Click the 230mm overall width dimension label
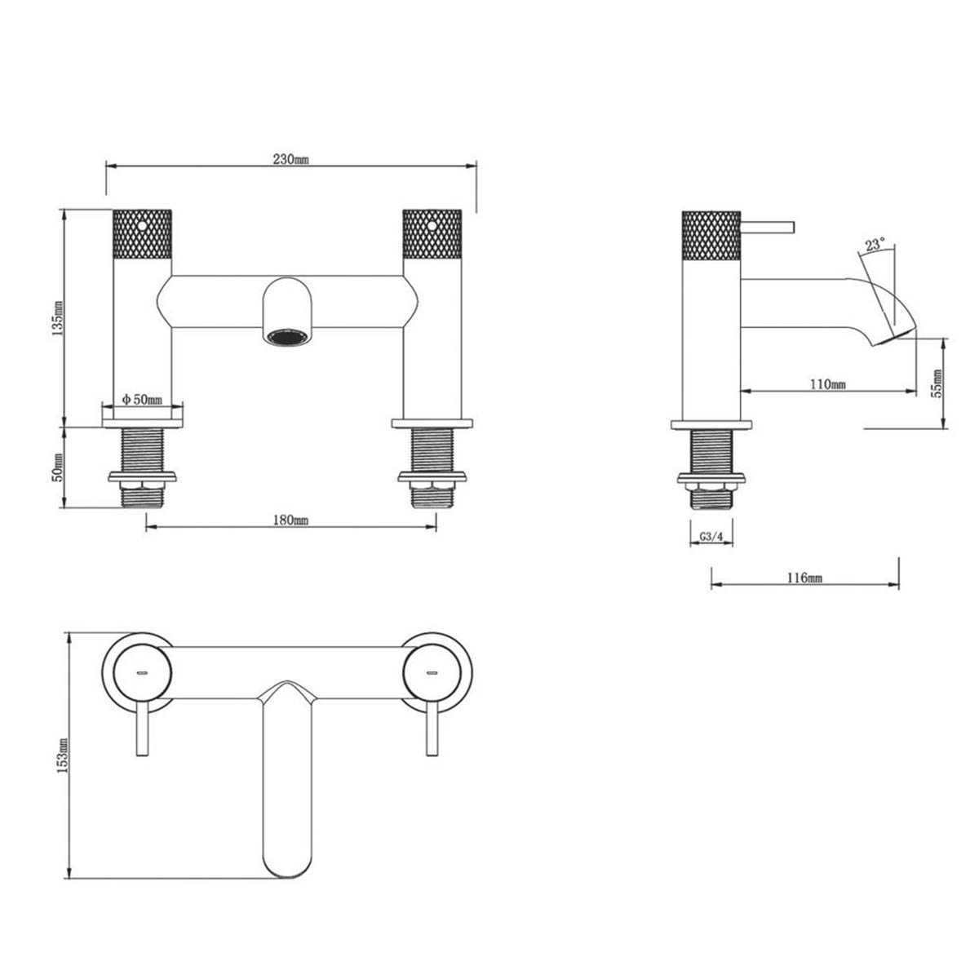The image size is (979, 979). tap(290, 159)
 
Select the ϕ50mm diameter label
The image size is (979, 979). tap(142, 399)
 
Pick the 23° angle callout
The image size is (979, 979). tap(875, 244)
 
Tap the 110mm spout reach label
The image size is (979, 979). tap(827, 383)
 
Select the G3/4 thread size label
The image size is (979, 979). tap(711, 538)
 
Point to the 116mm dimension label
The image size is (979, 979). tap(804, 578)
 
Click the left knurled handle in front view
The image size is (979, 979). tap(141, 233)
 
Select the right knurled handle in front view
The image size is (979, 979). tap(432, 233)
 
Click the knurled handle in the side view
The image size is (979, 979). tap(710, 233)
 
